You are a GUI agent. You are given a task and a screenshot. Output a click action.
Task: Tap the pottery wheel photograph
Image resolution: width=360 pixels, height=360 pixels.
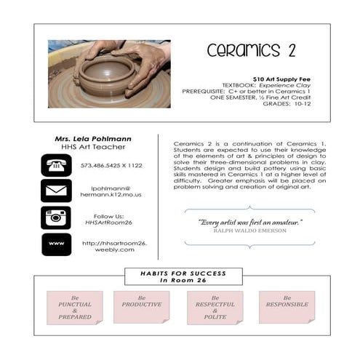coord(109,73)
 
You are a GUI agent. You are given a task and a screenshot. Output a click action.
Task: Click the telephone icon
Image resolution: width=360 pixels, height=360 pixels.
coord(56,165)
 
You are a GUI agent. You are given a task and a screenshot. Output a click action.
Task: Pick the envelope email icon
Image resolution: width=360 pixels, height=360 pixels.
coord(56,191)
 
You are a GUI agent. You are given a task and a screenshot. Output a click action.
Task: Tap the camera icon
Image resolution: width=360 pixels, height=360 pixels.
coord(56,217)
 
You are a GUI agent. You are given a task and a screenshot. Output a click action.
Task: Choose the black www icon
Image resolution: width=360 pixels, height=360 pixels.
coord(56,244)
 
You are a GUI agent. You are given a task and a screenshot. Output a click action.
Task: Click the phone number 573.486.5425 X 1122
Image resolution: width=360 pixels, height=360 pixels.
coord(111,166)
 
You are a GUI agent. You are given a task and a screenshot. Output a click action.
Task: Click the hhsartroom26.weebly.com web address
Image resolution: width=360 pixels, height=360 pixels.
coord(114,246)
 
